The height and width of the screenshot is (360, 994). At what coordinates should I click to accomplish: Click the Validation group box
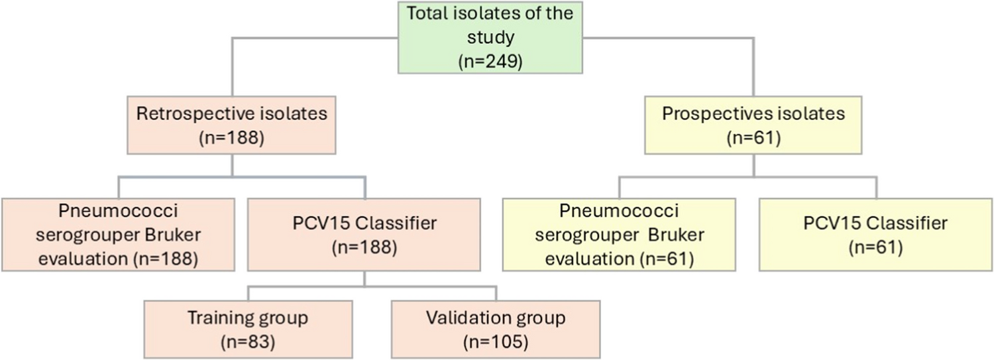point(496,330)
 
